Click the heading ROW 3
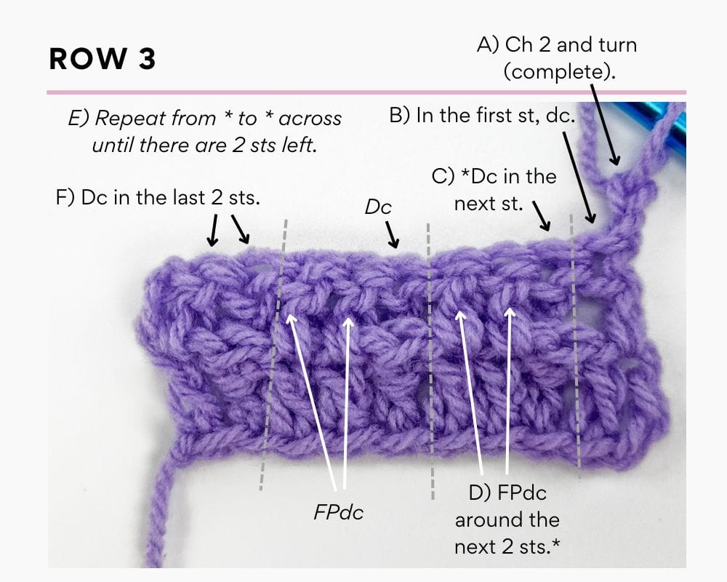click(102, 59)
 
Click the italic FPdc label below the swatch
click(339, 512)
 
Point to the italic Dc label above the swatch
click(378, 207)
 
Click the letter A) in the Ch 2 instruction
click(489, 45)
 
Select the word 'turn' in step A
click(617, 45)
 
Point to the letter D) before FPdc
click(479, 493)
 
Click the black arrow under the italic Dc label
click(393, 234)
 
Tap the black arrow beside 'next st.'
click(542, 215)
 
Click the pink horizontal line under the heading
click(366, 92)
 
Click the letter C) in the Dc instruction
click(443, 177)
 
